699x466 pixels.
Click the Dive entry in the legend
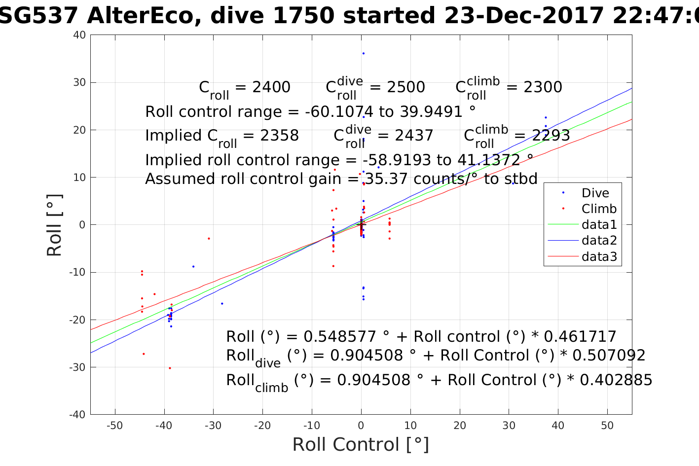point(595,193)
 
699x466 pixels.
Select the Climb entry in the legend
point(599,209)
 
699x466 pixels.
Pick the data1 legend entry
point(599,225)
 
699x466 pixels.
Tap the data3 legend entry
point(599,256)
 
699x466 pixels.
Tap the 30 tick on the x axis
point(509,426)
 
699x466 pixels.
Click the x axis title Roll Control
point(361,444)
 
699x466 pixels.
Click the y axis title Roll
point(55,225)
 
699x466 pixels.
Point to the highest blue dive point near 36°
point(364,53)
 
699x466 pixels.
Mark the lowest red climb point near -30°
point(170,368)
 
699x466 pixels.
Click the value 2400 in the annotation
point(271,87)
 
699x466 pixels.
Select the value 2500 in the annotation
point(405,87)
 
